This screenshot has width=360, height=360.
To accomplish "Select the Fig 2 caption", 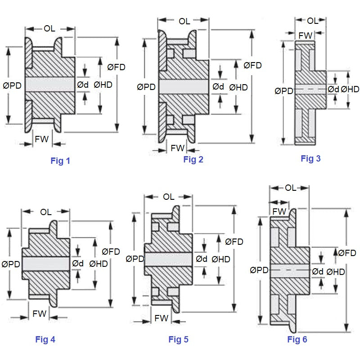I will pyautogui.click(x=193, y=159).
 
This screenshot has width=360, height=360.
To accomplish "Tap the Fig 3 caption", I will pyautogui.click(x=310, y=158).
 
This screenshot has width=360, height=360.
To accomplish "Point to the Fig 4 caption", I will pyautogui.click(x=45, y=339).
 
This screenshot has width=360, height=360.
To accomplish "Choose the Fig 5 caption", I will pyautogui.click(x=178, y=339).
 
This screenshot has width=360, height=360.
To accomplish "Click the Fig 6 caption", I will pyautogui.click(x=297, y=339).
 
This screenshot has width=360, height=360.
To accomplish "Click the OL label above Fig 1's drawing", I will pyautogui.click(x=49, y=29).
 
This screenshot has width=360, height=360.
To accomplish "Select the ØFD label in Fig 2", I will pyautogui.click(x=253, y=66).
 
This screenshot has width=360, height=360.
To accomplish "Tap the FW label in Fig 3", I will pyautogui.click(x=306, y=35).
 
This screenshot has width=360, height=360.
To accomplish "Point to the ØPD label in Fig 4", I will pyautogui.click(x=11, y=264).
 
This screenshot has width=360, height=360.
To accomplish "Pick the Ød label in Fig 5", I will pyautogui.click(x=202, y=259).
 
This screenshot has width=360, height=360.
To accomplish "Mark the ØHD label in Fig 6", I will pyautogui.click(x=336, y=271).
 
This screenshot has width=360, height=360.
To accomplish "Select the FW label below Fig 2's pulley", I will pyautogui.click(x=178, y=148).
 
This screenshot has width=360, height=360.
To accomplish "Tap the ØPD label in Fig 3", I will pyautogui.click(x=283, y=91).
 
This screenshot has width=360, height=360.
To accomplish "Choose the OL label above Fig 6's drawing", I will pyautogui.click(x=291, y=188).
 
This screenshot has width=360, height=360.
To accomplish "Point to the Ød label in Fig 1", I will pyautogui.click(x=83, y=84).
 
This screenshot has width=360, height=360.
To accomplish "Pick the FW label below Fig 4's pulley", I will pyautogui.click(x=40, y=314).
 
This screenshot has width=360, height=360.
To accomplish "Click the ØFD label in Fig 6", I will pyautogui.click(x=347, y=253).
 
